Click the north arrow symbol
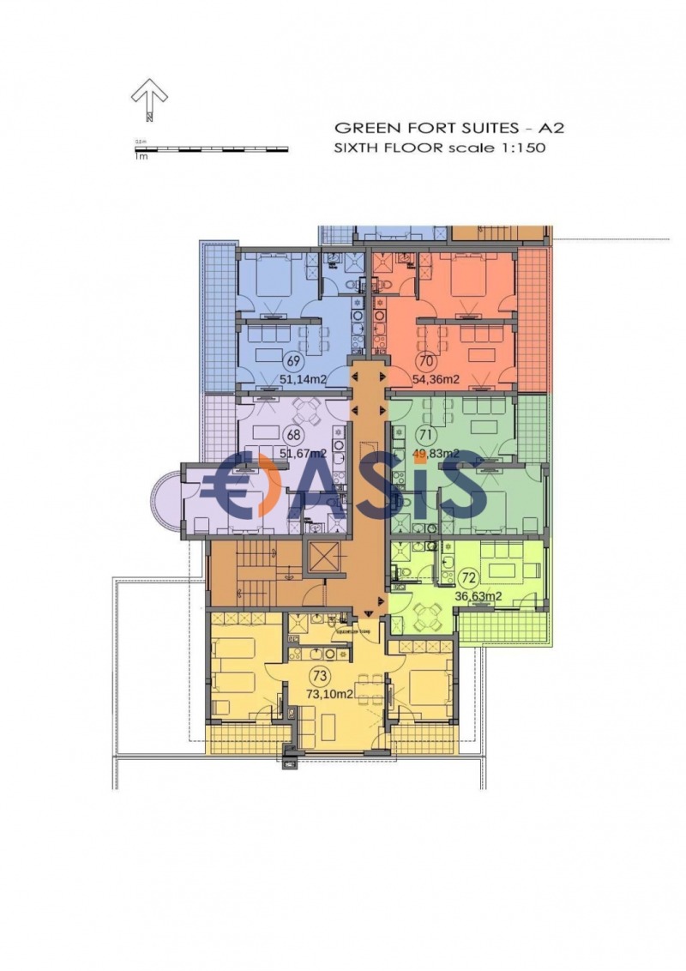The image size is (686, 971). click(149, 99)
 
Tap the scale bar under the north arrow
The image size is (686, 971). click(210, 149)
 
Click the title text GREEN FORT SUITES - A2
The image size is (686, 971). click(448, 128)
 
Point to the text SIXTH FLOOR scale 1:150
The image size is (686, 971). click(439, 148)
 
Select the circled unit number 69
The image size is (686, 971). click(293, 360)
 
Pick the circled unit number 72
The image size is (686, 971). click(468, 576)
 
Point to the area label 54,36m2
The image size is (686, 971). click(436, 379)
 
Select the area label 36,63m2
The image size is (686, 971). click(478, 595)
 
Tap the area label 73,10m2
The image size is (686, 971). click(329, 695)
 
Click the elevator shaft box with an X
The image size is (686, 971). click(324, 558)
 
